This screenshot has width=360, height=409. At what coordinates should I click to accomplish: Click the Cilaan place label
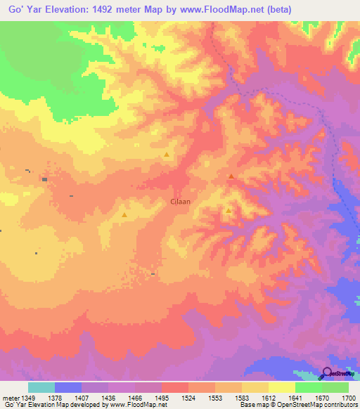click(181, 201)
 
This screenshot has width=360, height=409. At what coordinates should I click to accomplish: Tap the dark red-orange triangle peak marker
click(231, 176)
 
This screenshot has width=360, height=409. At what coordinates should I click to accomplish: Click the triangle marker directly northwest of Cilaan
click(167, 155)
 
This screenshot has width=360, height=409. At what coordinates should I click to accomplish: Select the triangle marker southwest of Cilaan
click(124, 215)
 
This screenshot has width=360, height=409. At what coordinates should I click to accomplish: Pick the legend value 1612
click(266, 397)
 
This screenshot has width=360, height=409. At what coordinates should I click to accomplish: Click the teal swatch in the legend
click(41, 387)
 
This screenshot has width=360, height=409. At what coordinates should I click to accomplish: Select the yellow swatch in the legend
click(281, 387)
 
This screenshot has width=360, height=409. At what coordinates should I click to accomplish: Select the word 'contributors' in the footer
click(339, 405)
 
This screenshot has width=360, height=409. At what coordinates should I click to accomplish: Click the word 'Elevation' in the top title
click(72, 9)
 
